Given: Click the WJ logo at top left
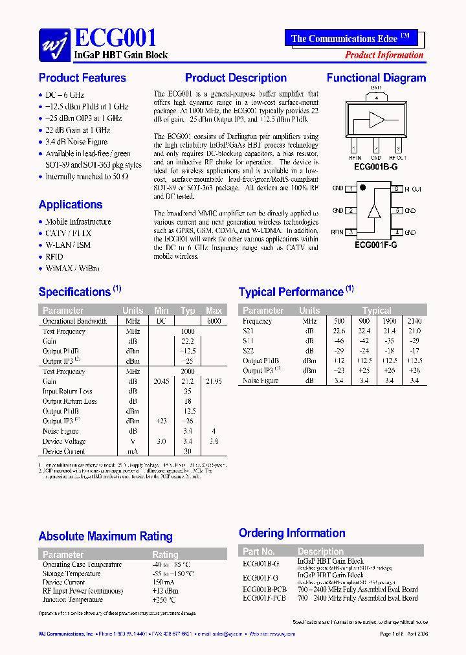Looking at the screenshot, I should tap(54, 45).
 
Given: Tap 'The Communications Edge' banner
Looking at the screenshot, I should tap(350, 38).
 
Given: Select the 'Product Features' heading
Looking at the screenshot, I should tap(82, 78).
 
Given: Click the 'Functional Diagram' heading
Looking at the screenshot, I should tap(376, 78).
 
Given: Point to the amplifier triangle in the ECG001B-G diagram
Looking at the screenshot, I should tap(377, 120).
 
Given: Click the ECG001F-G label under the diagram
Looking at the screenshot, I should tap(375, 245).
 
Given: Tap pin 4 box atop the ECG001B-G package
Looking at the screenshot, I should tap(376, 98).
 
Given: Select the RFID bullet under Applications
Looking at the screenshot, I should tap(54, 257).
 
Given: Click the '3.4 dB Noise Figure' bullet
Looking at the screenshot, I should tap(76, 142).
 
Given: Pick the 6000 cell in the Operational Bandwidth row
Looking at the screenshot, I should tap(214, 321).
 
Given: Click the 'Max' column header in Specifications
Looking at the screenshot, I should tap(214, 311).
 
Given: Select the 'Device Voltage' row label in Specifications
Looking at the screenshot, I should tap(64, 441).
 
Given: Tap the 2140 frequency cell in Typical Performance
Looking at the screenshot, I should tap(414, 321).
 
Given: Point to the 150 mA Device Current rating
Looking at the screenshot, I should tap(164, 583).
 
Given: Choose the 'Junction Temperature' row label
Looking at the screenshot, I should tap(72, 600).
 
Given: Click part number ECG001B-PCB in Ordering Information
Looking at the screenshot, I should tap(264, 590).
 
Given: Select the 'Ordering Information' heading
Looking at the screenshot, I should tap(292, 533).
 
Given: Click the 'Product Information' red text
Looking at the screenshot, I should tap(384, 55).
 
